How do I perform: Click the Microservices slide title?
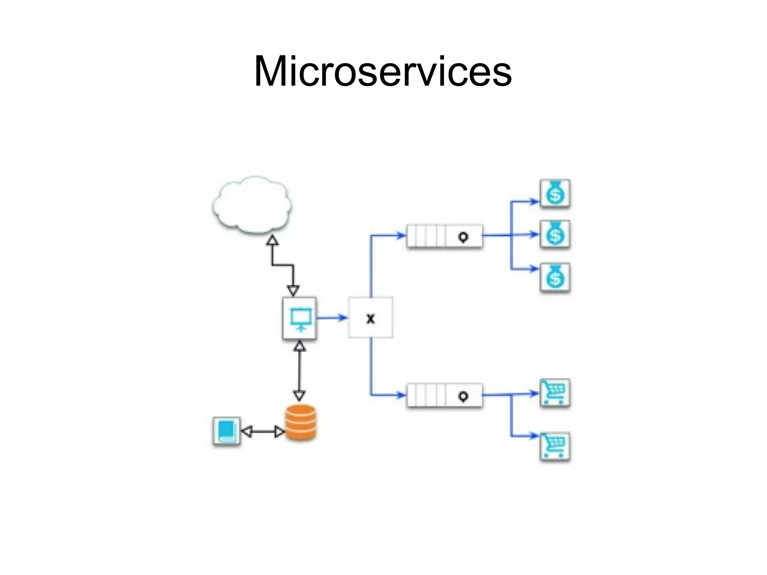[x=383, y=71]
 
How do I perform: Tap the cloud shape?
[x=252, y=205]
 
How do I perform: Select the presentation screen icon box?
[x=300, y=318]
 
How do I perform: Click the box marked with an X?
[x=370, y=318]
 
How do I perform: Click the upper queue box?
[x=444, y=236]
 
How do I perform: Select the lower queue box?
[x=444, y=395]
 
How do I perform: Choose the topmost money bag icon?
[x=555, y=193]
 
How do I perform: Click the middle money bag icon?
[x=555, y=234]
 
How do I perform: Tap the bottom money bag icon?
[x=555, y=278]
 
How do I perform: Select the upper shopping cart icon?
[x=555, y=393]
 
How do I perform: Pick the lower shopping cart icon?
[x=555, y=447]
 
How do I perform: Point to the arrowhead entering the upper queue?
[x=401, y=236]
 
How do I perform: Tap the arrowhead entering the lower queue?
[x=401, y=395]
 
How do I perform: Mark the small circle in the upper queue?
[x=463, y=237]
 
